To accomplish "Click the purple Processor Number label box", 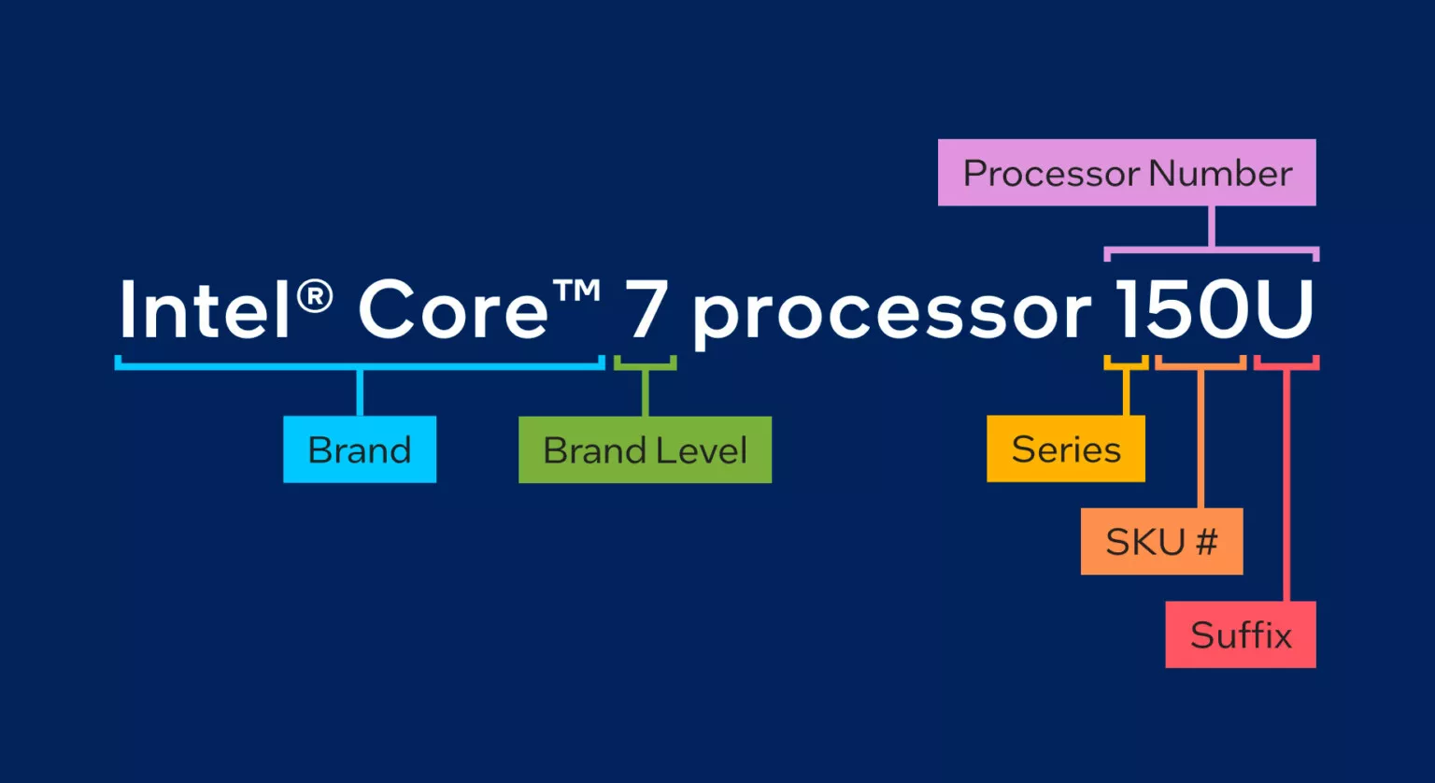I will click(1127, 173).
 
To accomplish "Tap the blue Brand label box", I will click(360, 449).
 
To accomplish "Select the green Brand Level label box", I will click(645, 449).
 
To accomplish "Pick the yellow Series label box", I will click(1065, 449).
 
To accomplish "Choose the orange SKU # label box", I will click(1161, 541).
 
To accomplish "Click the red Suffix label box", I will click(1241, 634).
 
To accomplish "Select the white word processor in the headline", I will click(890, 313).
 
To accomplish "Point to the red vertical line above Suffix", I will click(1286, 486).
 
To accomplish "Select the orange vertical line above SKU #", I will click(1201, 439).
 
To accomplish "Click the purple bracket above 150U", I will click(1211, 250).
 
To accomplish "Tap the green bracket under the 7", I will click(645, 366).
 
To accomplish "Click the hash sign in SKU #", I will click(1206, 541).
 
